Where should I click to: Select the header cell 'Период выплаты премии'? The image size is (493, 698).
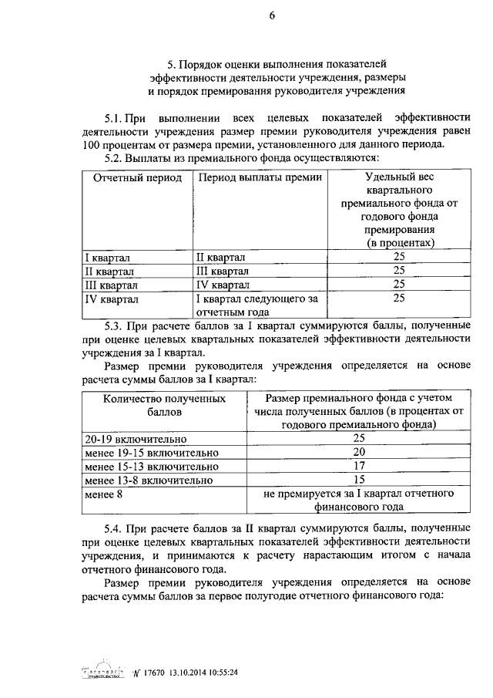click(x=250, y=177)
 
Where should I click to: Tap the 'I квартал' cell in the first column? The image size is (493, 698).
click(x=108, y=257)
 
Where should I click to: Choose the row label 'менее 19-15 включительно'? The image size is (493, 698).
click(x=153, y=452)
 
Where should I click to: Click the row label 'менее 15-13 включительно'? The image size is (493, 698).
click(x=153, y=466)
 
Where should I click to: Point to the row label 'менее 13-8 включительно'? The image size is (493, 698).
click(x=149, y=480)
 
